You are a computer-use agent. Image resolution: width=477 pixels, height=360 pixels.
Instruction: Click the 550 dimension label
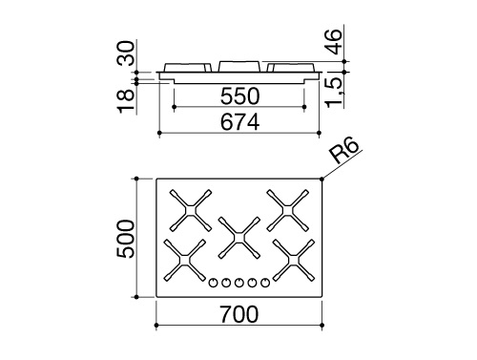(x=238, y=97)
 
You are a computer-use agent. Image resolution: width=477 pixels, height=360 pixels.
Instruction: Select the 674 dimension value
(x=238, y=121)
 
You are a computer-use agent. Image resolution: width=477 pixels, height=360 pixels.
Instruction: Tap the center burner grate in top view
(x=238, y=235)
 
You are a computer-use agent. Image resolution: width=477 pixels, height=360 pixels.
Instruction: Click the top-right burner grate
(x=285, y=209)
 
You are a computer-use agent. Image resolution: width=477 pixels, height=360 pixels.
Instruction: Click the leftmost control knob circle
(x=212, y=282)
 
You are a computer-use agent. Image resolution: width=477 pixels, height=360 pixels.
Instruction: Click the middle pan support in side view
(x=238, y=67)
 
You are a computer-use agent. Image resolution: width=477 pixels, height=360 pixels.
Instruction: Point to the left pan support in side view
(x=187, y=67)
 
